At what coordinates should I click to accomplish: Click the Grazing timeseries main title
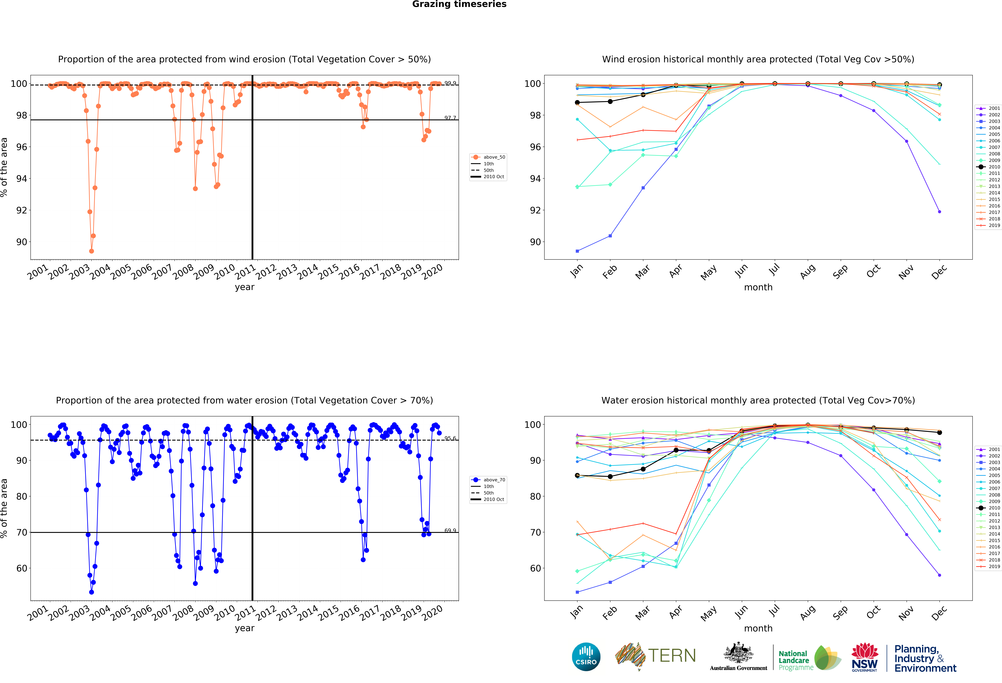point(459,4)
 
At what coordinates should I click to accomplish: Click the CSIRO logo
point(586,657)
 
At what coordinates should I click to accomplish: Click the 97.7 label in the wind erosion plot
point(450,118)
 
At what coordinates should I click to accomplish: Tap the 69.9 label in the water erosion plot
point(450,530)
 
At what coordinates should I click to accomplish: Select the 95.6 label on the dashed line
point(450,438)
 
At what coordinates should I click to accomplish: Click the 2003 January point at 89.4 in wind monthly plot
point(577,251)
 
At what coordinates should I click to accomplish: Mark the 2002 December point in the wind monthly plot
point(939,212)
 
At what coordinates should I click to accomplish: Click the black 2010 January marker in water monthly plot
point(577,475)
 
